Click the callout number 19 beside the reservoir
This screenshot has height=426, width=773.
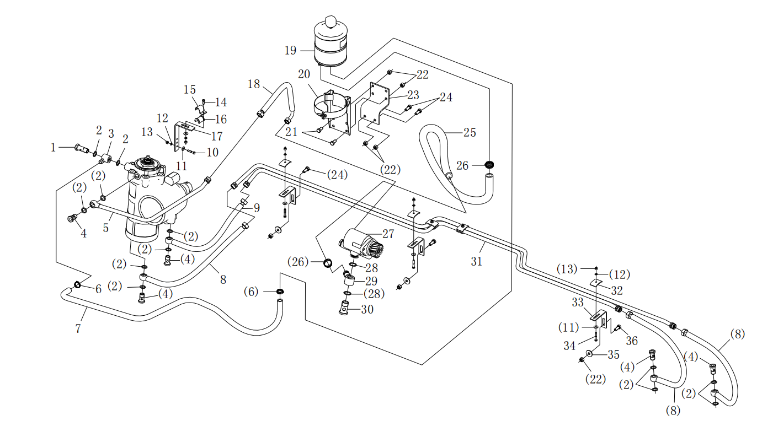[290, 51]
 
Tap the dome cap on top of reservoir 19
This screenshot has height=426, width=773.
[331, 21]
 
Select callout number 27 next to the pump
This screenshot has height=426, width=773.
[388, 234]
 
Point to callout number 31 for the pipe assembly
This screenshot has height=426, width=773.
[476, 262]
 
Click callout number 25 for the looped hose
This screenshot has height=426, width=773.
[470, 132]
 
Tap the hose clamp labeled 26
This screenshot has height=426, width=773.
[489, 165]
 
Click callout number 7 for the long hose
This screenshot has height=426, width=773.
[78, 328]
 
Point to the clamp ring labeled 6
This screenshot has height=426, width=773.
[77, 285]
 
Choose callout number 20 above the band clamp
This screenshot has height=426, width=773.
[304, 74]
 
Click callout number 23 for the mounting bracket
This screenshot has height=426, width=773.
[413, 95]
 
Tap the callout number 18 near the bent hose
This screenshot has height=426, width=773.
[254, 84]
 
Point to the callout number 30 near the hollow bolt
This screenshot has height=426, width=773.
[367, 310]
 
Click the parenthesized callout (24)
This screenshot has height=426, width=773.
[337, 175]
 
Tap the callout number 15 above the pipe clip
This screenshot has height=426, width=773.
[189, 90]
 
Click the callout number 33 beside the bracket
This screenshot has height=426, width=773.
[578, 302]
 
